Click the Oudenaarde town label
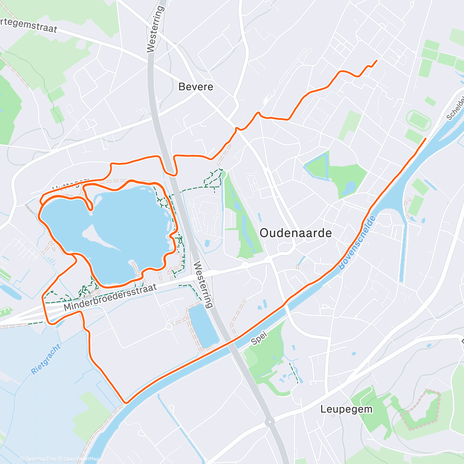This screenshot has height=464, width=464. click(x=296, y=233)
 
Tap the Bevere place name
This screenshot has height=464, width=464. click(x=196, y=87)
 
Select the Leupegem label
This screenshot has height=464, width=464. click(x=346, y=409)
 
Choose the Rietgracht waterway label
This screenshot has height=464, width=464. click(x=46, y=359)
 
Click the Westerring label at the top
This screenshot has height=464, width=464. click(x=156, y=29)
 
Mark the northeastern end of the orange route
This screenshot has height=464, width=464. click(x=376, y=60)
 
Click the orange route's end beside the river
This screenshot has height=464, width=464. click(x=426, y=138)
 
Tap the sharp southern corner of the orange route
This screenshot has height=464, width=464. click(x=125, y=403)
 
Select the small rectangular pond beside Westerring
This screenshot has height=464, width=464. click(x=203, y=326)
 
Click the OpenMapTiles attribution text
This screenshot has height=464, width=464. click(x=38, y=459)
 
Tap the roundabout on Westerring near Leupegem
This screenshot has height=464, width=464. click(x=270, y=421)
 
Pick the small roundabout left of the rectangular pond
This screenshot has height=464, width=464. click(x=169, y=327)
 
